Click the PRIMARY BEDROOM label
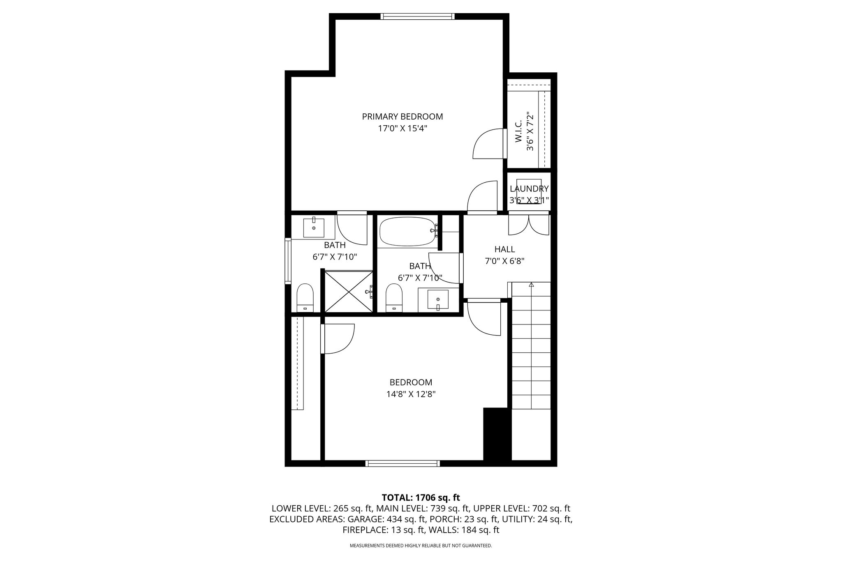pos(402,117)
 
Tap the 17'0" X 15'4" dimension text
pos(402,129)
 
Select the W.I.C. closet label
pos(518,132)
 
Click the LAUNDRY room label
pos(529,189)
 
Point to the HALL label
pos(504,249)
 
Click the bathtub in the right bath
pos(409,232)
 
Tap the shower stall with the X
pos(349,291)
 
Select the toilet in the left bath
pos(305,297)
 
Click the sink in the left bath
pos(314,228)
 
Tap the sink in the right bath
pos(438,299)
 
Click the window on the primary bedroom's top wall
pos(417,16)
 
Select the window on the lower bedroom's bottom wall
pos(402,464)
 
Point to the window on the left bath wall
pos(288,261)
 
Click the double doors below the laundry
pos(529,225)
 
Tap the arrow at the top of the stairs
pos(531,284)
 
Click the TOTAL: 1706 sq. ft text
pos(421,498)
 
